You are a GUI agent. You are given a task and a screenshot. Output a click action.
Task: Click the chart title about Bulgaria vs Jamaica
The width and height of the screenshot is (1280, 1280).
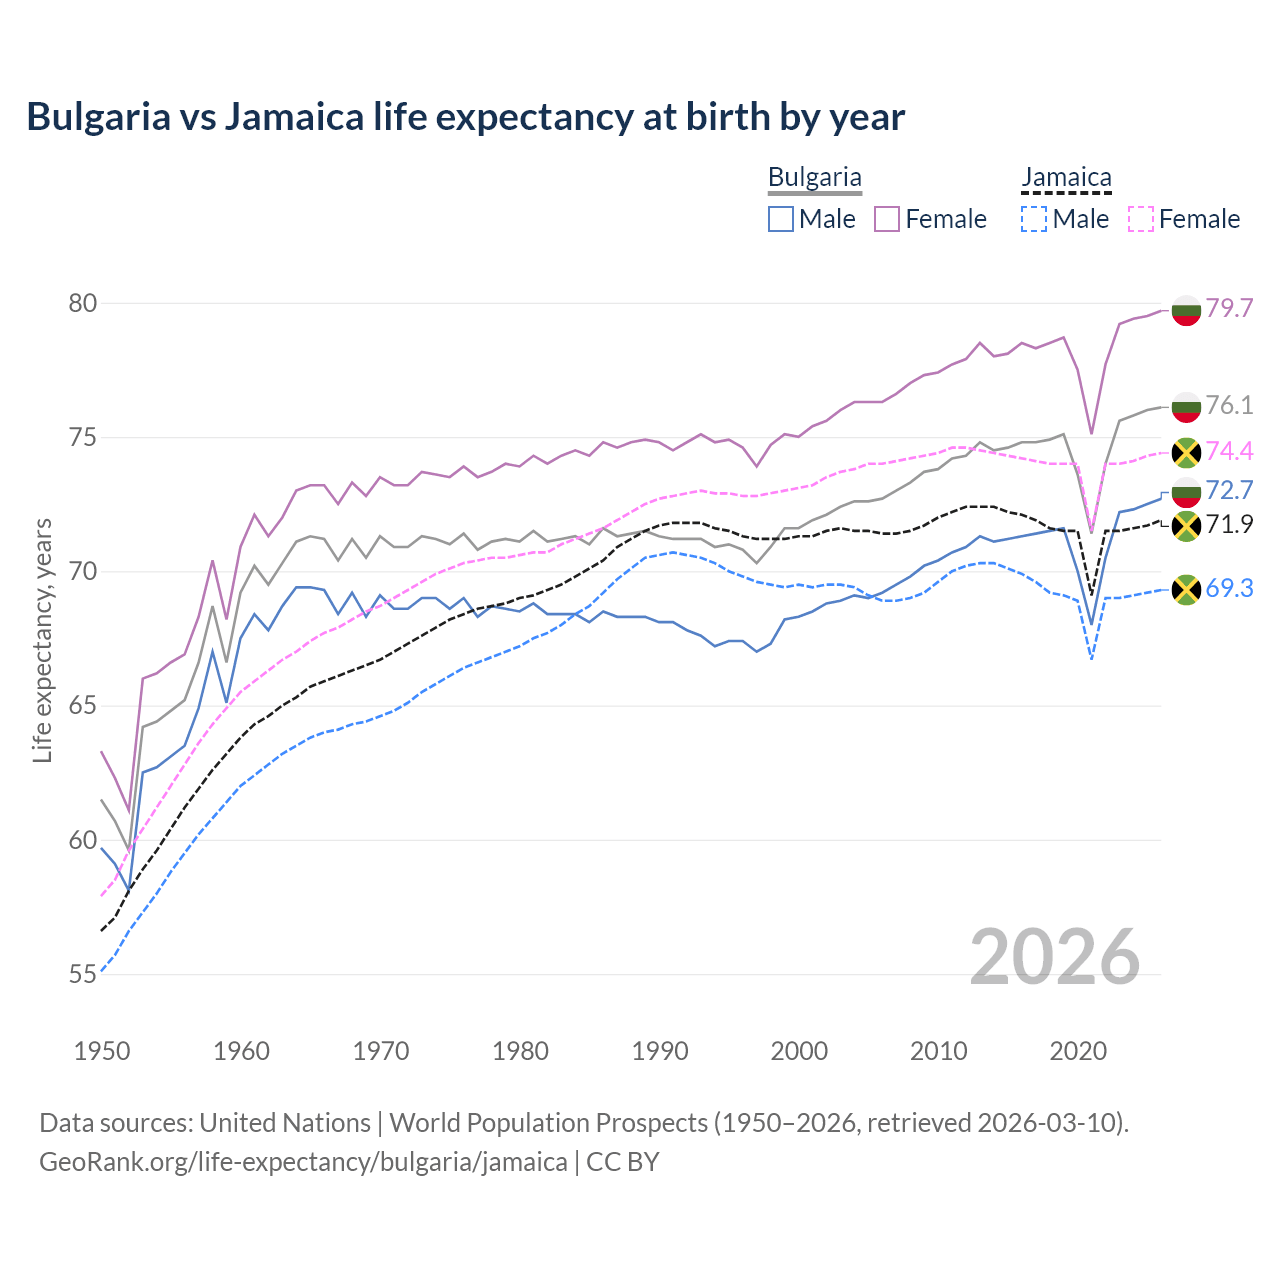click(x=465, y=117)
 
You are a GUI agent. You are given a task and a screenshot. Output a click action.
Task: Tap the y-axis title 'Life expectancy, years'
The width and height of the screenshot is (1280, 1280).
click(x=42, y=640)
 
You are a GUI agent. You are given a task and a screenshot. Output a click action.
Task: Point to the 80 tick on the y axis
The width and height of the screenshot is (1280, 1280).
click(x=82, y=303)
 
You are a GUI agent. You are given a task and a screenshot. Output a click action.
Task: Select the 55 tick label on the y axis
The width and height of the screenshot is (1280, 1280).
click(x=82, y=974)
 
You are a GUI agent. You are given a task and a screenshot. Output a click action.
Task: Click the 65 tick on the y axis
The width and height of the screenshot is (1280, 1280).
click(x=82, y=706)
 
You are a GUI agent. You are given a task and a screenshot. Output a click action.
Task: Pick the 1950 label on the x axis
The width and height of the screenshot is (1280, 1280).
click(x=102, y=1051)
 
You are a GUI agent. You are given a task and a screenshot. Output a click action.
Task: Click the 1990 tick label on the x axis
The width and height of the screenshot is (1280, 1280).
click(x=660, y=1051)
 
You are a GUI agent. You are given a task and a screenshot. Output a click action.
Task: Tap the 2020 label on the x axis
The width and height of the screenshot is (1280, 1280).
click(x=1078, y=1051)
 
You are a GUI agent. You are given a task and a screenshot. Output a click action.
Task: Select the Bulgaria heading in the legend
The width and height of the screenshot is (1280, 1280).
click(x=814, y=178)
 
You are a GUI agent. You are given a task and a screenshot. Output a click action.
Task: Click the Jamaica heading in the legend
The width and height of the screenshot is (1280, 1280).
click(x=1066, y=178)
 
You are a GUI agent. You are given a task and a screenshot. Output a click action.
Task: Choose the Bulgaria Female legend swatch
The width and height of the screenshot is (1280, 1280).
click(x=887, y=219)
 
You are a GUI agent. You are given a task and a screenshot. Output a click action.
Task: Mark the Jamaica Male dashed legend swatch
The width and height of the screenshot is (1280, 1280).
click(x=1034, y=219)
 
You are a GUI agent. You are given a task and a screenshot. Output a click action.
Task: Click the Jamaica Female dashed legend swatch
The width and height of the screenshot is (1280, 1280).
click(x=1141, y=219)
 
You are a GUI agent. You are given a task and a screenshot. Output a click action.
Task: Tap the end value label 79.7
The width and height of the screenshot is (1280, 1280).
click(x=1229, y=308)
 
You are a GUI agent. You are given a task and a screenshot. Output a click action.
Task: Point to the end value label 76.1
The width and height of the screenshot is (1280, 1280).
click(x=1229, y=405)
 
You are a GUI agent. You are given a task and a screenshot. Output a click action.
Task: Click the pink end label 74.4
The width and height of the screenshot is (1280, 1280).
click(x=1229, y=451)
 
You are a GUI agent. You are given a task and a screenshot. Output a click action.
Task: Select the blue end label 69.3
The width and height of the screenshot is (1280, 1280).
click(x=1229, y=588)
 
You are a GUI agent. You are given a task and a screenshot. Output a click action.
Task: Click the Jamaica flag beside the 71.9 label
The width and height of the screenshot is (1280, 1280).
click(x=1186, y=526)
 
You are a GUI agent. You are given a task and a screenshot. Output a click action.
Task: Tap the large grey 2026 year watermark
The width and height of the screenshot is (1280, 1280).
click(x=1054, y=957)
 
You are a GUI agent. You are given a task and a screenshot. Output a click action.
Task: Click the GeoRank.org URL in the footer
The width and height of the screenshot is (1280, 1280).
click(x=303, y=1162)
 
